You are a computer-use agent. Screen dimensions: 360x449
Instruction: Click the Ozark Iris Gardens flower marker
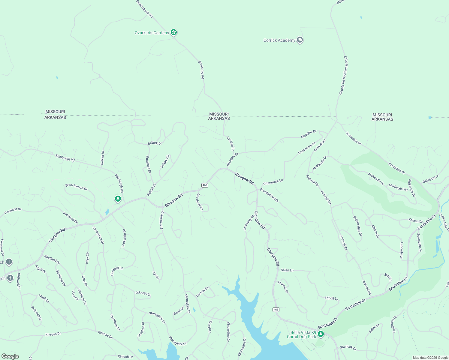(173, 32)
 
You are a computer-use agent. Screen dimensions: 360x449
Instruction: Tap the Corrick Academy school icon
(300, 40)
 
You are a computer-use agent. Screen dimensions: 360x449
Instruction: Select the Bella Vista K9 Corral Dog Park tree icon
(321, 334)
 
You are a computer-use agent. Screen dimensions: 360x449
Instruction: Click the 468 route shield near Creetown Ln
(205, 185)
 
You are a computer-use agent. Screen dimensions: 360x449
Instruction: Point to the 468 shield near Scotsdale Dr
(276, 310)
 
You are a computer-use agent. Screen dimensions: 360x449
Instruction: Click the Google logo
(10, 356)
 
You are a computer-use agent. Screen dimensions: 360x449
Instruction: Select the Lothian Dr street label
(231, 144)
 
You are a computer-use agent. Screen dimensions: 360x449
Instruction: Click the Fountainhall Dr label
(269, 195)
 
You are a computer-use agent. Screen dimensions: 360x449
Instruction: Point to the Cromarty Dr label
(249, 223)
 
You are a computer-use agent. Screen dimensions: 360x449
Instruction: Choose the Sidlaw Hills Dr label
(357, 226)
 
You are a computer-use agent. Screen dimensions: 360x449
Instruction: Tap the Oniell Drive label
(430, 179)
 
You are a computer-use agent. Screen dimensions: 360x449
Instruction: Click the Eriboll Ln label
(331, 298)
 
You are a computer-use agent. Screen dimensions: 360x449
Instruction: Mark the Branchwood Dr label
(76, 187)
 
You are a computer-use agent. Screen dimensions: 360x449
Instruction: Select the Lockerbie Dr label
(124, 238)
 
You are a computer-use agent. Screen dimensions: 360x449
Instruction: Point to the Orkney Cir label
(143, 293)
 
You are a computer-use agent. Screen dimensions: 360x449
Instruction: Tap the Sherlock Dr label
(348, 347)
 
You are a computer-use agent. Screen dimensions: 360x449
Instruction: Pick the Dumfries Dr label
(148, 164)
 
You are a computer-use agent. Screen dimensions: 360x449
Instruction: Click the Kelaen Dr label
(415, 221)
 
